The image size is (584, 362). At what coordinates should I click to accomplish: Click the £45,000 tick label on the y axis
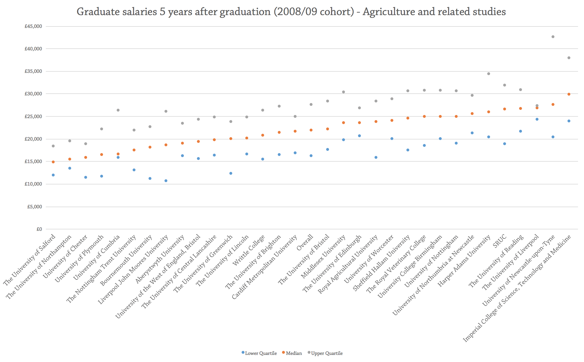[x=33, y=26]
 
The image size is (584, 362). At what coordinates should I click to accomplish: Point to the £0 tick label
[x=39, y=229]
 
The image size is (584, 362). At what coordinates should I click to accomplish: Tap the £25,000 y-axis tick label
[x=33, y=116]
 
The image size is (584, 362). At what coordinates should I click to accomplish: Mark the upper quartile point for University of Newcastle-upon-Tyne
[x=553, y=37]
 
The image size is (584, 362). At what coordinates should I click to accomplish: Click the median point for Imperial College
[x=569, y=94]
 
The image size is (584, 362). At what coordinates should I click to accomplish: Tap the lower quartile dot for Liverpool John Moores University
[x=166, y=181]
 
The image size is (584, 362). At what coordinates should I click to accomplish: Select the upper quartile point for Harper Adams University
[x=489, y=74]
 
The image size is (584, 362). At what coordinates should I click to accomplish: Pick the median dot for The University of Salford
[x=53, y=162]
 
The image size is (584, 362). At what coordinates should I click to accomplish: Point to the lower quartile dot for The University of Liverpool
[x=537, y=119]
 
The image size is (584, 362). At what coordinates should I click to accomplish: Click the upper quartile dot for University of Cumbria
[x=118, y=110]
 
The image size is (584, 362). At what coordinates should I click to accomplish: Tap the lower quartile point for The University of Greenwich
[x=231, y=173]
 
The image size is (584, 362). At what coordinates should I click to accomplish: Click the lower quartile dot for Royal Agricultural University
[x=376, y=157]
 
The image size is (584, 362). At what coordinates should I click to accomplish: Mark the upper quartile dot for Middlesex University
[x=344, y=92]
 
